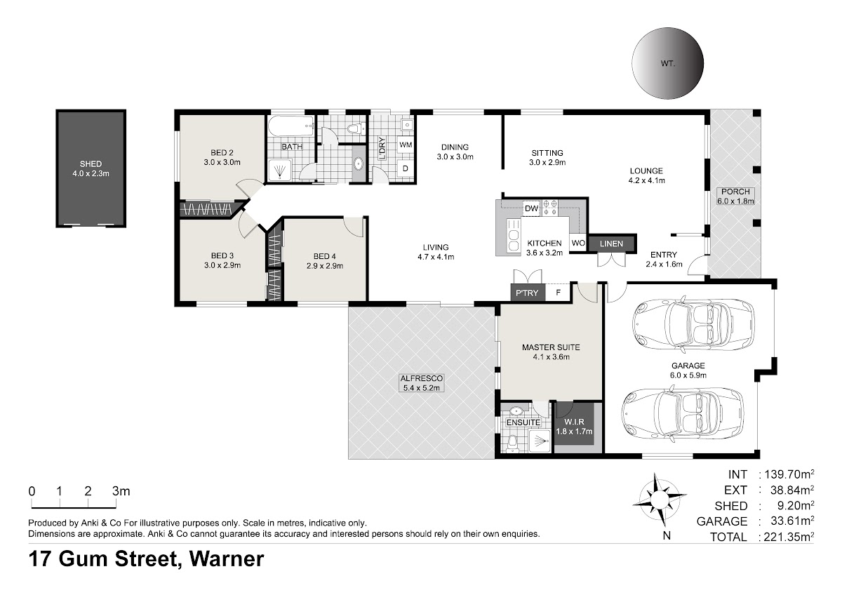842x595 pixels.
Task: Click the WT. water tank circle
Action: [x=667, y=63]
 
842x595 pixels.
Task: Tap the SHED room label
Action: [x=91, y=164]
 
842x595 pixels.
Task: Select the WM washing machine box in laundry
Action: [x=406, y=145]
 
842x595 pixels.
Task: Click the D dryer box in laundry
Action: [x=406, y=168]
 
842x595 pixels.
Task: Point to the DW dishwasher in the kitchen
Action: [x=531, y=208]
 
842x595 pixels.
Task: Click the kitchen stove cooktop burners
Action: [x=549, y=208]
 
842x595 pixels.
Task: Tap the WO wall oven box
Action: [x=578, y=243]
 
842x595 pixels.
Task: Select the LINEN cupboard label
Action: [x=611, y=243]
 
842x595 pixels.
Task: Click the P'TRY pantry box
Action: [x=528, y=293]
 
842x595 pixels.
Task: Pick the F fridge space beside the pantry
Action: [x=559, y=293]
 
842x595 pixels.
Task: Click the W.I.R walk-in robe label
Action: [x=574, y=422]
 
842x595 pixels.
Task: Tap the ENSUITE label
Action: [x=523, y=422]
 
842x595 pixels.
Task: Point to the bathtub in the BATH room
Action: [x=291, y=128]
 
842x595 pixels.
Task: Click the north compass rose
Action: [x=660, y=500]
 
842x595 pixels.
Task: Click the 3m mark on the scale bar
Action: [x=121, y=491]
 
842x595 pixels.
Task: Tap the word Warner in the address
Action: [x=226, y=559]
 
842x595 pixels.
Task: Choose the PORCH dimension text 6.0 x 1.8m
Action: [x=735, y=201]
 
